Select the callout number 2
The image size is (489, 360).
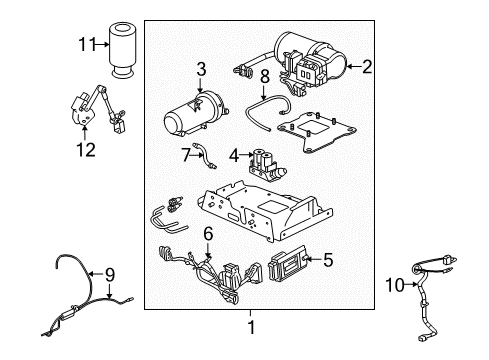click(x=367, y=67)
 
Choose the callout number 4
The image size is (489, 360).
click(x=232, y=154)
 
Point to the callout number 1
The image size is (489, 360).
click(x=251, y=326)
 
